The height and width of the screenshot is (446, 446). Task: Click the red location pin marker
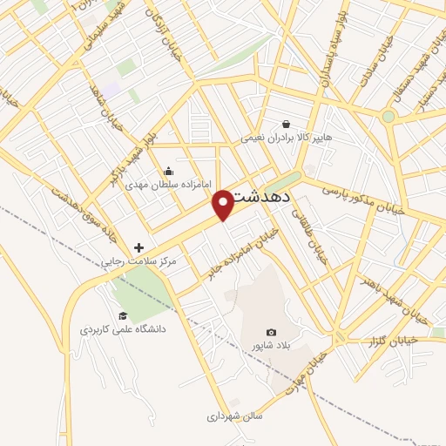point(224,204)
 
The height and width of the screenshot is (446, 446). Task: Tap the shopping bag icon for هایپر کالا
point(287,124)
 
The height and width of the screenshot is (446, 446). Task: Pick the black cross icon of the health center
point(139,247)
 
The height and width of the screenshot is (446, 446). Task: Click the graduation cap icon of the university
point(123,314)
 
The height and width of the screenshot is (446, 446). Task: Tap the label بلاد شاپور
point(270,346)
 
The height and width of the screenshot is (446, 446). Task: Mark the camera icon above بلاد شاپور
point(271,332)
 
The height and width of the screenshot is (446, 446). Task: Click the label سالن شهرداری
point(233,417)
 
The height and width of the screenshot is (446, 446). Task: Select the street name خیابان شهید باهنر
point(395,295)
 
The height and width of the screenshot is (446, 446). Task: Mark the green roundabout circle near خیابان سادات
point(389,115)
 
